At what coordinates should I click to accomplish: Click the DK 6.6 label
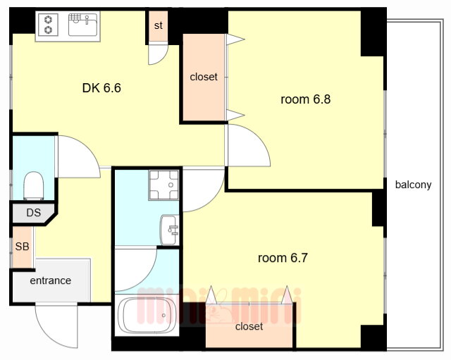101,87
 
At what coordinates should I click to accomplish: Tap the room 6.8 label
305,99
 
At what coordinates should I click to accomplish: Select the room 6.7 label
283,258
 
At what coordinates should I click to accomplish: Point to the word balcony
413,185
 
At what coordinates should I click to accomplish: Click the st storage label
158,25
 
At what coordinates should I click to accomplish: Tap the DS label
34,213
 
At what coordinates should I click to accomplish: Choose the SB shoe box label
22,247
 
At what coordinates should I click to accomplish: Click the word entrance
50,280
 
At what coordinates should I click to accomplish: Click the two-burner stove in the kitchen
48,25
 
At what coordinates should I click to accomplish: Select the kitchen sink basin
82,25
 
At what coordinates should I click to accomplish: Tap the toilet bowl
34,185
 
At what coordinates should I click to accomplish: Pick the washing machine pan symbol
163,185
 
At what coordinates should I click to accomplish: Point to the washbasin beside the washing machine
169,230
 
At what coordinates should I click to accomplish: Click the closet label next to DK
204,77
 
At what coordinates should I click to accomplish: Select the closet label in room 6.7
249,326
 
